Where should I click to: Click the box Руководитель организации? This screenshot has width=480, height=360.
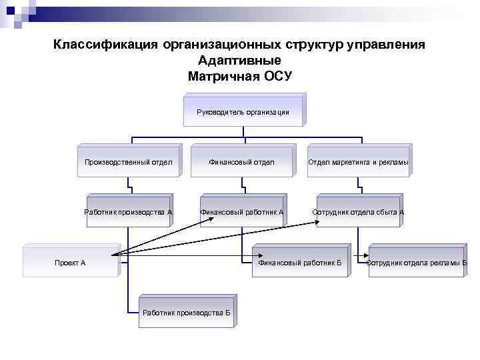click(x=243, y=111)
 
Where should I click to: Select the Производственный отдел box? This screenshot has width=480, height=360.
click(x=129, y=161)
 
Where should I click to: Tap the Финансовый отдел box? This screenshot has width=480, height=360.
click(x=241, y=161)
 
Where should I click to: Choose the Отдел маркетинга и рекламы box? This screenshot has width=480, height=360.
click(x=358, y=161)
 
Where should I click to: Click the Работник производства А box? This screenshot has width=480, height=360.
click(x=129, y=212)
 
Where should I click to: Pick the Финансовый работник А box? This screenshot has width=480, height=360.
click(x=242, y=212)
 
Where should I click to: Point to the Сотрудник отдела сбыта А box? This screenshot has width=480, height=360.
click(x=358, y=212)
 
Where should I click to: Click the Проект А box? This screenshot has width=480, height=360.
click(x=70, y=262)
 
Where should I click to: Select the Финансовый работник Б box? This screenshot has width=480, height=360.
click(x=299, y=262)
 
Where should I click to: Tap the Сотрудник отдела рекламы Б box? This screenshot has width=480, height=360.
click(x=417, y=262)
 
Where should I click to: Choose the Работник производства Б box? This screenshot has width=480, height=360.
click(x=186, y=312)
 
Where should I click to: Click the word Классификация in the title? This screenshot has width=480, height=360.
click(x=105, y=45)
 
